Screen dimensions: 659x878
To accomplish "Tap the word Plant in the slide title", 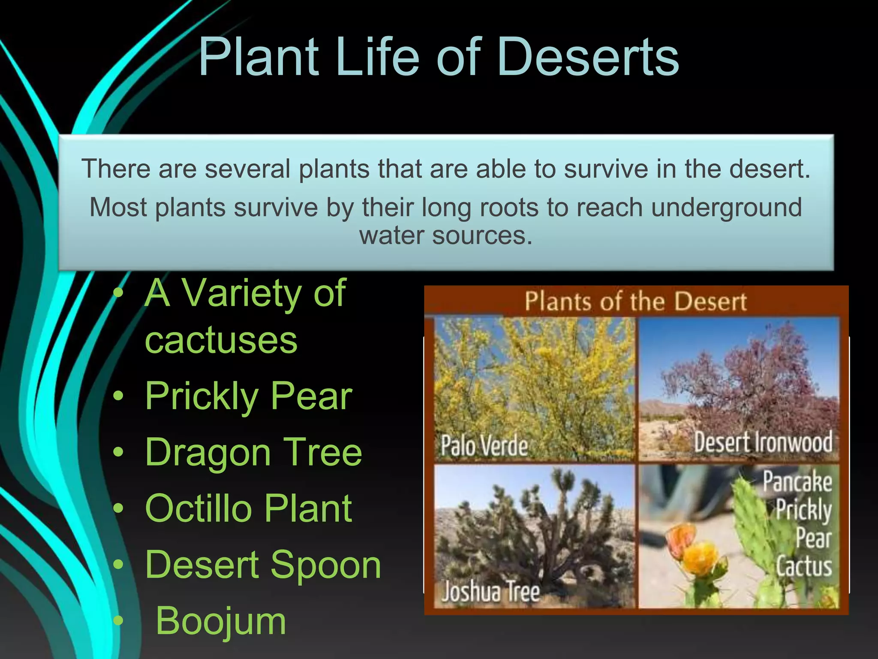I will [259, 57].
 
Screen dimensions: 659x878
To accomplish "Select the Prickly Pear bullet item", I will [248, 396].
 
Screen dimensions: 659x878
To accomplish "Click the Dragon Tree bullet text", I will [253, 452].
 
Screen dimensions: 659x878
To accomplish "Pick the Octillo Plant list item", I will [248, 508].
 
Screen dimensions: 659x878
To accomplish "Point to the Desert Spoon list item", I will [263, 565].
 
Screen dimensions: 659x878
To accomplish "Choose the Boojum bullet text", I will [220, 621].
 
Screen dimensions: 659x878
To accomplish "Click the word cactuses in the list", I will [221, 340].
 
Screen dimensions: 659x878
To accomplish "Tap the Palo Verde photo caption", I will [484, 446].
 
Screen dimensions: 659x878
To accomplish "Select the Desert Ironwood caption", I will [763, 442].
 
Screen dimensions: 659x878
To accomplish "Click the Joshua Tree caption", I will [490, 592].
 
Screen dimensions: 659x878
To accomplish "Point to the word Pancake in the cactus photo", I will [797, 481].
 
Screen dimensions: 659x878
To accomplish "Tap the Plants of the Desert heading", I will [636, 301].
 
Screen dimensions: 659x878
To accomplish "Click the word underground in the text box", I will [726, 208].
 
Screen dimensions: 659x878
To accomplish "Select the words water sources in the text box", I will [446, 236].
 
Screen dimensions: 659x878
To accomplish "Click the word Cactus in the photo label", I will [804, 566].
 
